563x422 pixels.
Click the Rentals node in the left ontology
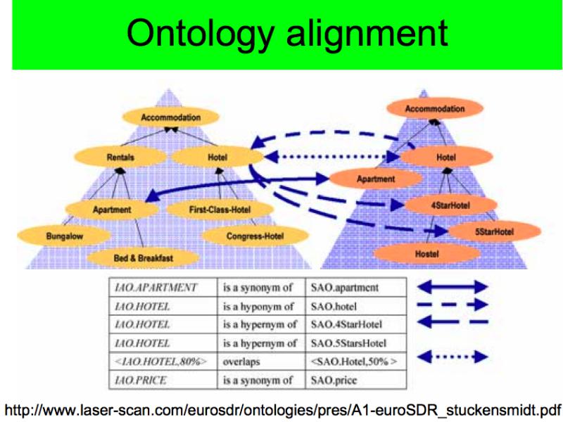(x=120, y=157)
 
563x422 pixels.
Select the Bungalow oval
(x=64, y=236)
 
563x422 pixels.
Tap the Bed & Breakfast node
(x=143, y=257)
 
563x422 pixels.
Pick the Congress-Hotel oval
(x=255, y=236)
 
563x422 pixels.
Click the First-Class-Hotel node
(x=220, y=210)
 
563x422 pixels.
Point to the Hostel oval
(x=427, y=254)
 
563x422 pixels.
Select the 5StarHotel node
(x=495, y=231)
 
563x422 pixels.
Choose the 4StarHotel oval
(x=450, y=205)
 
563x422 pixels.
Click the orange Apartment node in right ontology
(x=376, y=179)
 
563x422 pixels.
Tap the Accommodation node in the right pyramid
(x=435, y=108)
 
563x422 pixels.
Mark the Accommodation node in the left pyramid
(x=170, y=117)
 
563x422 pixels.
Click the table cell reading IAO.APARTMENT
(x=163, y=288)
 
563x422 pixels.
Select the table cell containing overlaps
(x=261, y=362)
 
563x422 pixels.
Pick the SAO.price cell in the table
(x=356, y=380)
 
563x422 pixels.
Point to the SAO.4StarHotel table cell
(x=356, y=324)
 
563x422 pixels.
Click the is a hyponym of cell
(x=261, y=306)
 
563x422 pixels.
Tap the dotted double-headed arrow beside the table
(x=453, y=357)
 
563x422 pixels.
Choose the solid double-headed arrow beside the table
(x=453, y=287)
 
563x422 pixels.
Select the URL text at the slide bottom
(x=282, y=409)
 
